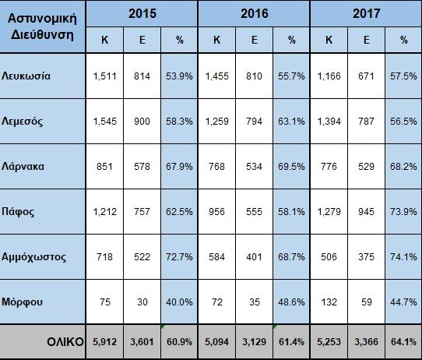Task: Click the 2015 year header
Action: [x=142, y=13]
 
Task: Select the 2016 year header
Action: [x=255, y=13]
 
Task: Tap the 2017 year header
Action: [x=366, y=13]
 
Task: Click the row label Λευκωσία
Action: [x=26, y=76]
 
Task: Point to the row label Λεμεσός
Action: [x=22, y=122]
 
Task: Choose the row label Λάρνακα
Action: [x=23, y=167]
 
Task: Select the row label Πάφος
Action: [x=18, y=212]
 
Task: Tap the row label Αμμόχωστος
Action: [x=33, y=257]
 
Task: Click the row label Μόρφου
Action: [x=22, y=302]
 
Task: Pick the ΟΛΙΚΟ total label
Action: [x=65, y=342]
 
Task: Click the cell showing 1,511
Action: [x=104, y=76]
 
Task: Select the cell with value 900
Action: [x=142, y=122]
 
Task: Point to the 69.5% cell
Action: [x=291, y=167]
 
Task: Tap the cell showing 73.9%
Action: [x=403, y=212]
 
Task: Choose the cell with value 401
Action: [x=254, y=257]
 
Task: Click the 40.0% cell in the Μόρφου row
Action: [x=179, y=302]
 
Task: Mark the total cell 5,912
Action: [x=104, y=342]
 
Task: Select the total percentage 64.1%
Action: [x=403, y=342]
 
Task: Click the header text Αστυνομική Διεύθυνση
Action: [x=42, y=26]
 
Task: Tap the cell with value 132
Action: [x=329, y=302]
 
